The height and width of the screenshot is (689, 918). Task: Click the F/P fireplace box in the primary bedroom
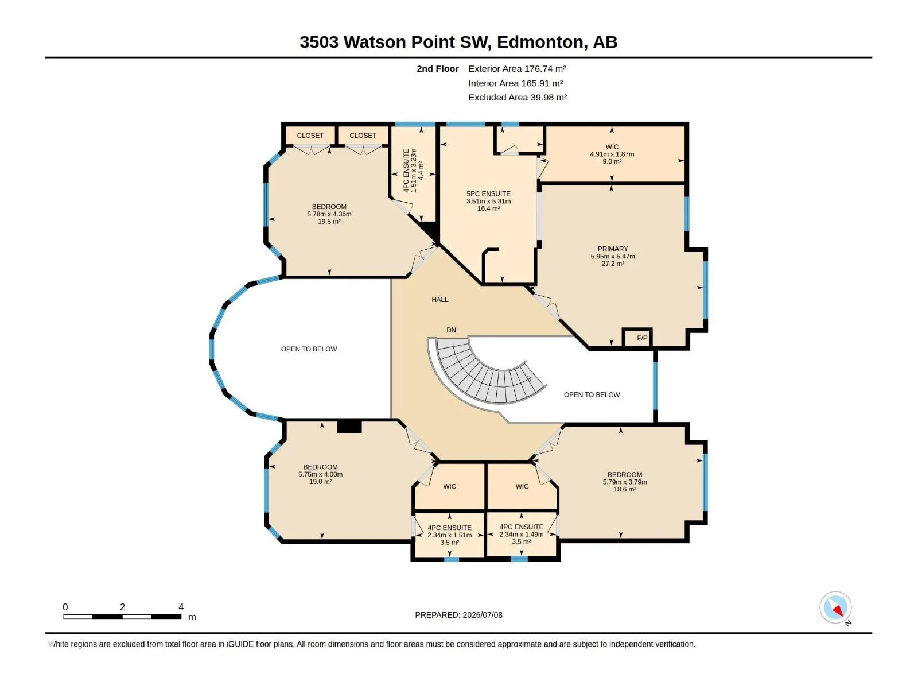pos(637,338)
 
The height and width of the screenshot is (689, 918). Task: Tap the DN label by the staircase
pos(451,330)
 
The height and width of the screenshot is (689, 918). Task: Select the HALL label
pos(439,300)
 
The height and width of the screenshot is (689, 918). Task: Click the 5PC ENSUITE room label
pos(488,193)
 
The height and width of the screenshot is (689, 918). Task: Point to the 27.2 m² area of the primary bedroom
pos(613,264)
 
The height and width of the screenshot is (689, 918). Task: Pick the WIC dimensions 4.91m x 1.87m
pos(612,154)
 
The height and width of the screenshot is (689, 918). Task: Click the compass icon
pos(835,607)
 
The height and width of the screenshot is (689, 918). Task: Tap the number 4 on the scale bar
pos(181,607)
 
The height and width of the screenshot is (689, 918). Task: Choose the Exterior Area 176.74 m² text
pos(517,68)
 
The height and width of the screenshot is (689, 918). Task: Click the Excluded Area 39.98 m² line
pos(518,98)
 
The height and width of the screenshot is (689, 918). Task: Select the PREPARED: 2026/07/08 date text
pos(459,615)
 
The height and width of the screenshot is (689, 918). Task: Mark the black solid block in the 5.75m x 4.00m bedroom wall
pos(349,426)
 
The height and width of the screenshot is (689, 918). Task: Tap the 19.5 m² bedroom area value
pos(329,221)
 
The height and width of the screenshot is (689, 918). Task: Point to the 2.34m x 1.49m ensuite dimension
pos(521,534)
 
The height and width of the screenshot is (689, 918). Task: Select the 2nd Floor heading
pos(437,68)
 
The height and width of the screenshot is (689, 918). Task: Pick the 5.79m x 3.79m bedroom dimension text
pos(625,482)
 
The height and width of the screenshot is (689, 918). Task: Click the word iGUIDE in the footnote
pos(240,644)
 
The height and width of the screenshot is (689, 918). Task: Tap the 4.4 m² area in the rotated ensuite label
pos(421,171)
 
